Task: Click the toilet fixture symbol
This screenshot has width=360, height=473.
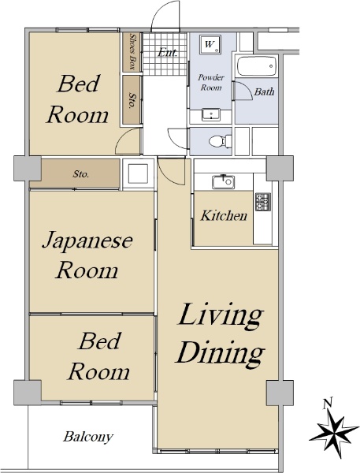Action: pos(220,141)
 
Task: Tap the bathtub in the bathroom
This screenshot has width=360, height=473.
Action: pos(257,66)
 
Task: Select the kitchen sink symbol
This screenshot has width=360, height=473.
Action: pos(224,182)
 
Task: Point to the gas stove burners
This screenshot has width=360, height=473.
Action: pos(263,202)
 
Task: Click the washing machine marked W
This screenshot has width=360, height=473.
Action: pos(210,45)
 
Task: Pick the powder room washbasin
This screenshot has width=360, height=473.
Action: pos(211,115)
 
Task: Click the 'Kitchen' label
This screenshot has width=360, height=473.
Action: pos(224,216)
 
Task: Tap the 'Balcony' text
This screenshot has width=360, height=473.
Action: pos(87,437)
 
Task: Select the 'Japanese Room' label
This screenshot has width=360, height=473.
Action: pos(87,255)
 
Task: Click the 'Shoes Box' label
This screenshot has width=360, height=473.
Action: pos(132,51)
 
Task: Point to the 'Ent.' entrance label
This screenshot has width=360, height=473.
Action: pos(168,53)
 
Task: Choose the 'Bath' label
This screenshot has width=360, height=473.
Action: pos(264,91)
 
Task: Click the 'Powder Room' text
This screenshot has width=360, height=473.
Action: pos(211,82)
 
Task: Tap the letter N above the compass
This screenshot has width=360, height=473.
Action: pos(327,403)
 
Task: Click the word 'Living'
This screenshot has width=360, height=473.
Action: pos(220,317)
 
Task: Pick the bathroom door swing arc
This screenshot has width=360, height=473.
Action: pos(243,91)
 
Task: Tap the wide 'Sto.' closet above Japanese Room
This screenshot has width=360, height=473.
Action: pos(80,173)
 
